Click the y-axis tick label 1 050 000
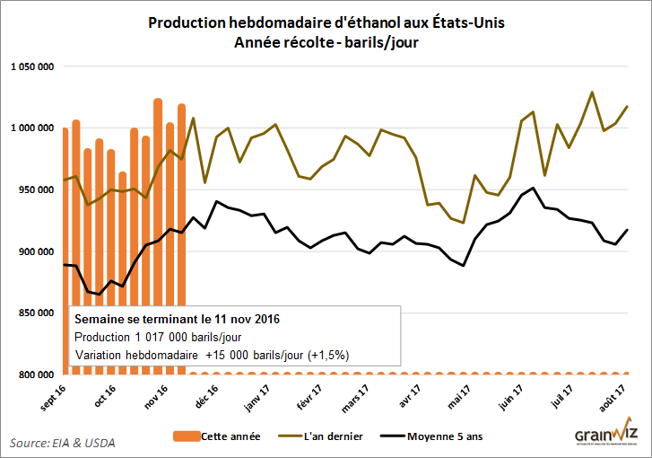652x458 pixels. click(x=32, y=66)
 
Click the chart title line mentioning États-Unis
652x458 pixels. click(x=326, y=22)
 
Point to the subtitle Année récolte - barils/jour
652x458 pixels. click(x=326, y=41)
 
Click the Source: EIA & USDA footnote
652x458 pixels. click(x=63, y=443)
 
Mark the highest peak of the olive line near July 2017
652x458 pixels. click(x=592, y=92)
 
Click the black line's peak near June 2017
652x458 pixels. click(x=535, y=189)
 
